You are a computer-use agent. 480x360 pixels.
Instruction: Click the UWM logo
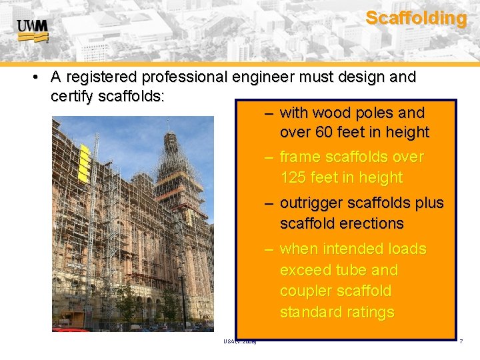pyautogui.click(x=33, y=31)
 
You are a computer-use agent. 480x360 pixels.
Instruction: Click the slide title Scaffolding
pyautogui.click(x=416, y=18)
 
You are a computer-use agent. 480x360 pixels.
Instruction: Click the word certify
pyautogui.click(x=71, y=97)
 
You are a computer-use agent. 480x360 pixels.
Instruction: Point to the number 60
pyautogui.click(x=323, y=133)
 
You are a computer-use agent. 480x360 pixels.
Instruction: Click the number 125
pyautogui.click(x=294, y=178)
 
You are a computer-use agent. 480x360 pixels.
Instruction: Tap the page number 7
pyautogui.click(x=461, y=342)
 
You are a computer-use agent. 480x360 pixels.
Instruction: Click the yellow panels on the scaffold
pyautogui.click(x=83, y=162)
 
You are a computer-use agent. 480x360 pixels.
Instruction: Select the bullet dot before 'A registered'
pyautogui.click(x=34, y=78)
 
